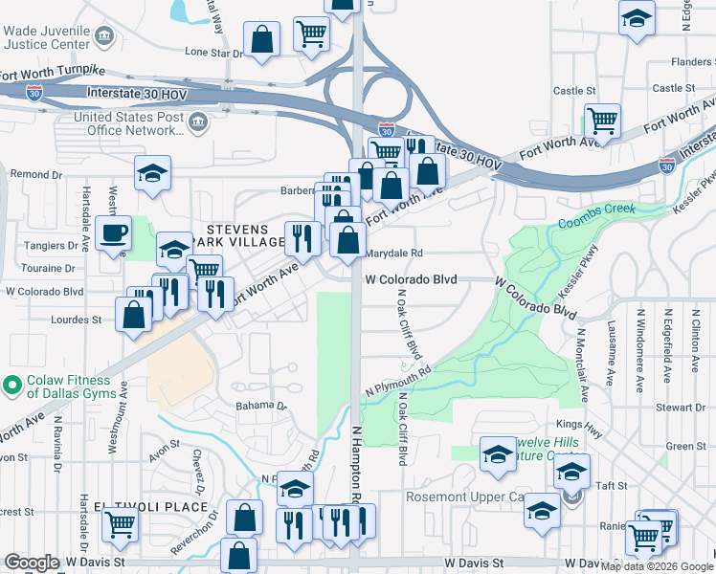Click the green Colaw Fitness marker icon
pyautogui.click(x=12, y=386)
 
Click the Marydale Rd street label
pyautogui.click(x=393, y=254)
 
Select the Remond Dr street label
pyautogui.click(x=35, y=175)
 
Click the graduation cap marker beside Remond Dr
pyautogui.click(x=152, y=174)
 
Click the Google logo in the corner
pyautogui.click(x=32, y=563)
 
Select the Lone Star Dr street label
pyautogui.click(x=214, y=53)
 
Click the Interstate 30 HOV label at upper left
pyautogui.click(x=141, y=92)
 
